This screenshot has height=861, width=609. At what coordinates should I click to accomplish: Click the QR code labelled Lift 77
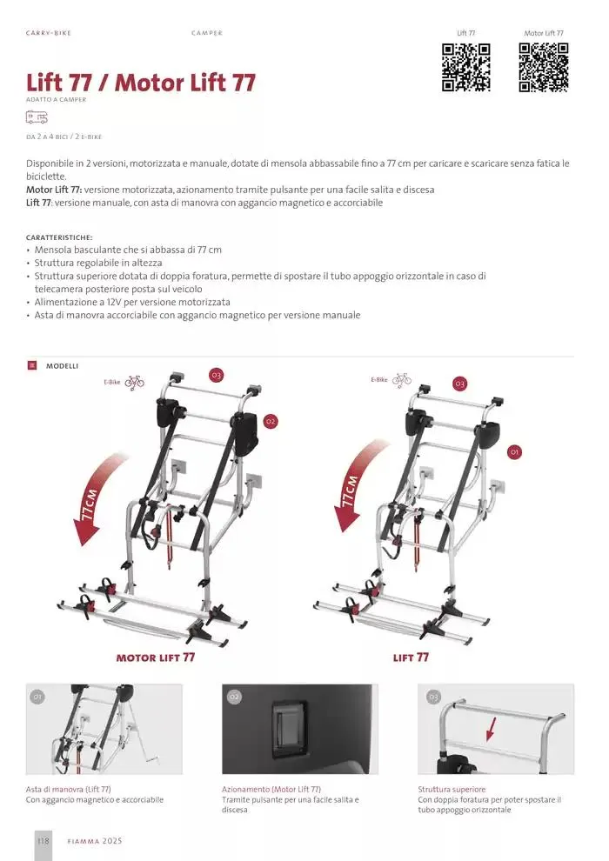point(465,68)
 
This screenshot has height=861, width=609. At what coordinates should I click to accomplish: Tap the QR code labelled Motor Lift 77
point(544,68)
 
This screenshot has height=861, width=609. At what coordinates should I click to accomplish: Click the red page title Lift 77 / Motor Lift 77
point(141,83)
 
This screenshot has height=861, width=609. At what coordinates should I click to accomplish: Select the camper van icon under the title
point(37,117)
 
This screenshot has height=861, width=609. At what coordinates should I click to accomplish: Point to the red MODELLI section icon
point(32,365)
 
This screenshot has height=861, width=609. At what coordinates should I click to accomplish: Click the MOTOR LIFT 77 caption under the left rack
point(156,657)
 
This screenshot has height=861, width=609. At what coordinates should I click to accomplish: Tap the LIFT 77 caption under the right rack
point(411,657)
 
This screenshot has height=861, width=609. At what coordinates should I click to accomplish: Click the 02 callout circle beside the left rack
point(271,422)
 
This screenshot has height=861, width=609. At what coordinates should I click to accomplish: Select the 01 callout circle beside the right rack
point(514,452)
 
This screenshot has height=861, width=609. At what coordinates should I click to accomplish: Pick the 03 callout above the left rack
point(217,376)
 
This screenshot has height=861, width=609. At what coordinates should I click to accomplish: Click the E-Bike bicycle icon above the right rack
point(401,379)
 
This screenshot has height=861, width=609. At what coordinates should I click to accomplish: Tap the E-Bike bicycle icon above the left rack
point(134,382)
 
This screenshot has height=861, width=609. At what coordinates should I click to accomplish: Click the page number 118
point(43,840)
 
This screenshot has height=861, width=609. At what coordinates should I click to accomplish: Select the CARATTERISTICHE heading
point(59,237)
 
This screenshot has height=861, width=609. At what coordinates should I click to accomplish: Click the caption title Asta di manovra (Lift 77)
point(69,789)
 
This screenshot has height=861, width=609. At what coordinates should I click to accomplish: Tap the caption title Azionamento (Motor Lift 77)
point(271,789)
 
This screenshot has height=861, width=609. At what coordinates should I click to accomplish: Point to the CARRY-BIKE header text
point(49,33)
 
